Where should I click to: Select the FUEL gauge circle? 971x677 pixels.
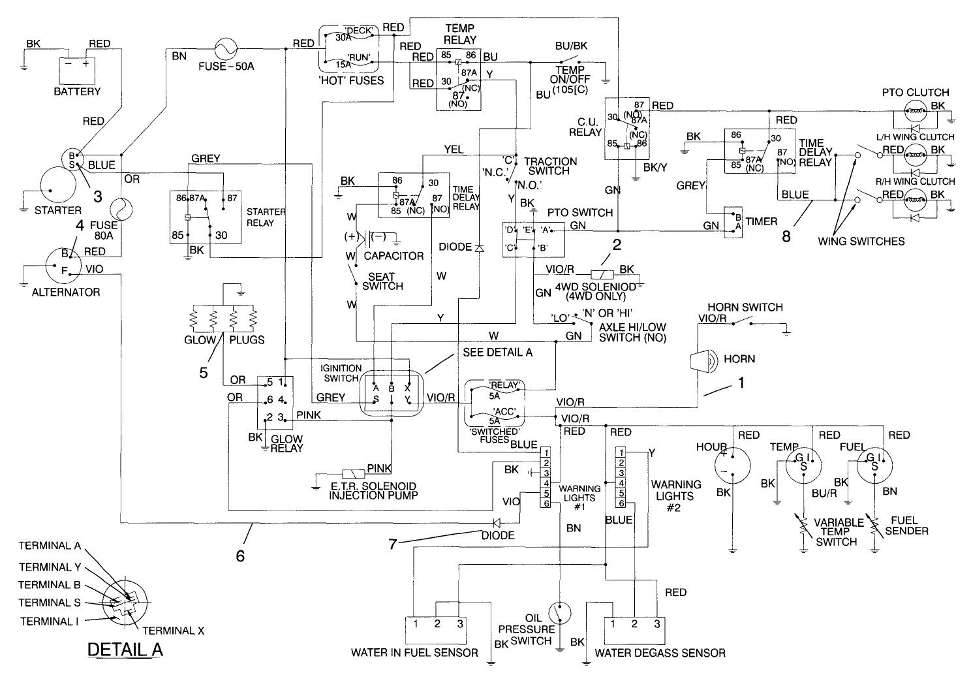(x=874, y=465)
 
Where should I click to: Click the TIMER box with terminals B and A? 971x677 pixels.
(x=734, y=221)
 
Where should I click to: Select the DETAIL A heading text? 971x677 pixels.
(x=125, y=650)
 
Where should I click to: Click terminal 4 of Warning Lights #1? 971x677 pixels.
(x=546, y=483)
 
